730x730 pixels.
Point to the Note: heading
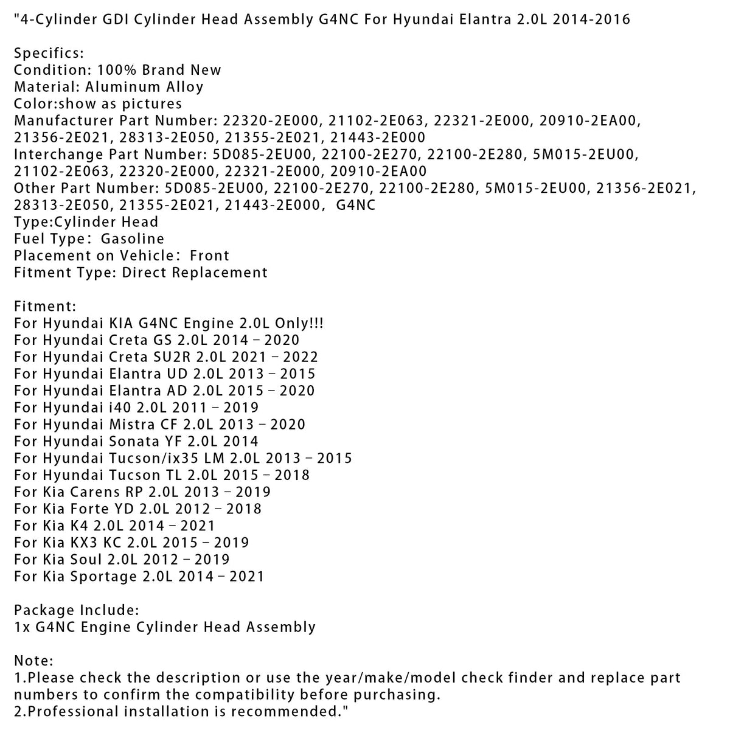(33, 661)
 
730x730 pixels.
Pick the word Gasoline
(133, 238)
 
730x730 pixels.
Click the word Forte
(89, 509)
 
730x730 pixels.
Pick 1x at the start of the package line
(22, 627)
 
